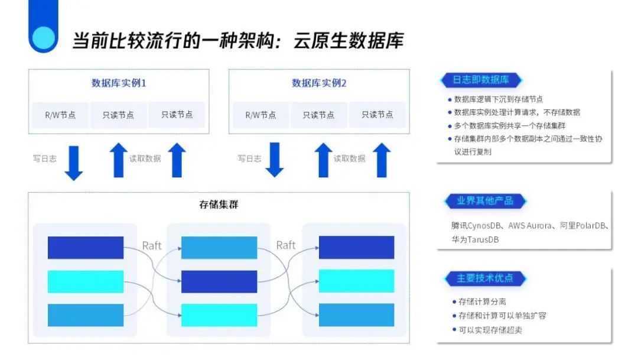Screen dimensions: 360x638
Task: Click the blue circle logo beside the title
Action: pos(43,37)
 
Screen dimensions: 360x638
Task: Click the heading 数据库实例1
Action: pos(119,83)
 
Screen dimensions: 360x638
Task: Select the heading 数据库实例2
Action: pos(319,83)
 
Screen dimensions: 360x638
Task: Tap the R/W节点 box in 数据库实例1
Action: pos(60,115)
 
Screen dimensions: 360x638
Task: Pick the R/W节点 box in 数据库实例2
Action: pos(261,115)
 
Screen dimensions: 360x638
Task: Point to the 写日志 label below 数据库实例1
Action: pos(44,158)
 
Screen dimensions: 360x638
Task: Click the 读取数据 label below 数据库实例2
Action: pos(349,158)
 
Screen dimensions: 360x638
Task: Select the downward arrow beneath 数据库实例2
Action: pos(274,160)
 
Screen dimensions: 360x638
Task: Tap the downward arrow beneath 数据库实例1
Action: pos(74,161)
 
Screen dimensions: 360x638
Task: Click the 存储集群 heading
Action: pos(219,205)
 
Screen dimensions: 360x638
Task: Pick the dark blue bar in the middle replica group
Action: pos(219,281)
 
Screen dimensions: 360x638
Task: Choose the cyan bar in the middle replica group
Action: pos(219,315)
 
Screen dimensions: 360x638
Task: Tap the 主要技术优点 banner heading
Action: pos(484,278)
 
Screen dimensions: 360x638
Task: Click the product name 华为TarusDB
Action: pos(475,239)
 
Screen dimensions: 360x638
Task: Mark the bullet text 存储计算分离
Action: pos(482,301)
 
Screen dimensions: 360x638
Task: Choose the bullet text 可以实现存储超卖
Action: pos(490,329)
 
